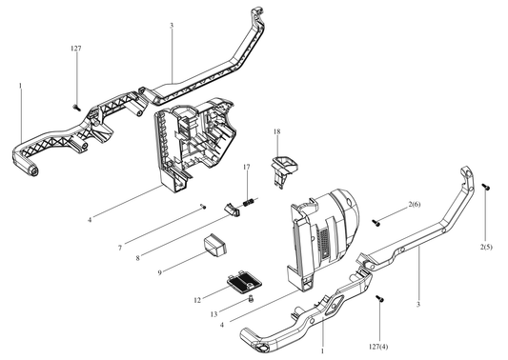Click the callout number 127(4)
378,347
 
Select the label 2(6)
415,204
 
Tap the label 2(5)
486,247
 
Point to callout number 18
276,131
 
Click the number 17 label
247,167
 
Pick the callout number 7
120,248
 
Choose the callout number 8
137,258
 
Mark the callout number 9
159,273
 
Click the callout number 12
197,300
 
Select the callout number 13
213,314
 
